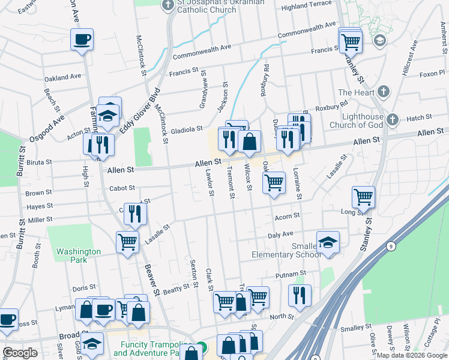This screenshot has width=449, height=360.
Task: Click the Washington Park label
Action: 79,256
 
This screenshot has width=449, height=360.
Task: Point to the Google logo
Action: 20,353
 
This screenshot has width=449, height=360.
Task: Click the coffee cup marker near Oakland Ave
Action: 82,40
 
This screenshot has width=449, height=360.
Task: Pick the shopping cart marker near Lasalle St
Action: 127,242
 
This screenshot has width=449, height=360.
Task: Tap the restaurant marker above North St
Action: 300,295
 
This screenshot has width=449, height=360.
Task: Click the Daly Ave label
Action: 280,235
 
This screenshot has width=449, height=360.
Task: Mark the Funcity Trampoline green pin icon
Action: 203,347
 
